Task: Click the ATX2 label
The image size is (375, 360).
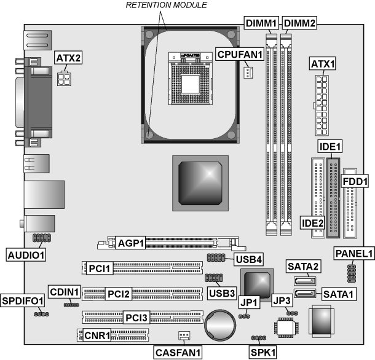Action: pos(69,58)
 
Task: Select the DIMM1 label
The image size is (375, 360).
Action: pos(263,23)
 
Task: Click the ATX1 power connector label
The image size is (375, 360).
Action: pos(322,63)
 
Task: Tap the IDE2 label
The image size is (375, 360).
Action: pos(312,222)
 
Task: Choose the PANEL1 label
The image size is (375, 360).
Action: pos(355,253)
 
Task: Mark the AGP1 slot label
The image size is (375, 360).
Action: pos(130,243)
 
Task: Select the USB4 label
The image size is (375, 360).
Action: pos(248,259)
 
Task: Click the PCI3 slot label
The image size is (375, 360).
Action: pos(136,318)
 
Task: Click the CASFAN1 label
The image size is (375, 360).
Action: pos(179,352)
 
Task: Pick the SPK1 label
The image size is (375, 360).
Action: pos(263,352)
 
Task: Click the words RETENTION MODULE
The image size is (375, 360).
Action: pos(166,6)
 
